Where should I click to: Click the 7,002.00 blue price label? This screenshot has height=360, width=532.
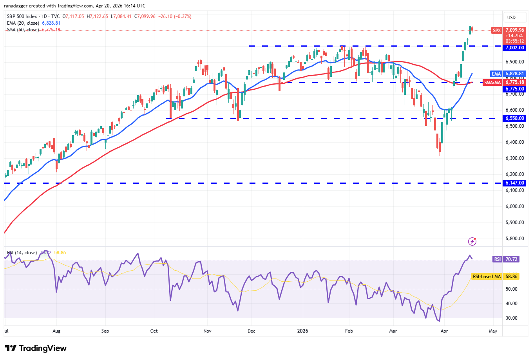click(514, 48)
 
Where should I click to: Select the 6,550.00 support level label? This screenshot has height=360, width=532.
click(514, 118)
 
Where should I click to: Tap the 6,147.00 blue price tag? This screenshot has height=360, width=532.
click(514, 183)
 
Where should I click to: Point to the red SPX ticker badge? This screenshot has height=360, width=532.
click(497, 30)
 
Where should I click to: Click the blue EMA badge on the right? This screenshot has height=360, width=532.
click(496, 74)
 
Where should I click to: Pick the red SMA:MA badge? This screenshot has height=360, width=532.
click(492, 82)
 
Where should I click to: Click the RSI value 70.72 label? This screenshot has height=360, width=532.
click(512, 259)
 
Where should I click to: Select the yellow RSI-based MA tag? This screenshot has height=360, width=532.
click(487, 277)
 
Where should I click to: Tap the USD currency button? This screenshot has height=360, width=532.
click(511, 17)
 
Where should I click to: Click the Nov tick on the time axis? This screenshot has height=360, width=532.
click(207, 331)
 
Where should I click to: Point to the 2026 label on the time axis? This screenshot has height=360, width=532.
click(302, 331)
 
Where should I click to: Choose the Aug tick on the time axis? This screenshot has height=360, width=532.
click(56, 331)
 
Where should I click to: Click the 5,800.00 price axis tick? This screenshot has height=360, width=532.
click(514, 239)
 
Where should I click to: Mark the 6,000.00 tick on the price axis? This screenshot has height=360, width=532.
click(514, 206)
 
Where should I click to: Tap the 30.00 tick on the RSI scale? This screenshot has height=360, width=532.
click(512, 318)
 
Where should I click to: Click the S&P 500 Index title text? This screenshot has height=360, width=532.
click(22, 16)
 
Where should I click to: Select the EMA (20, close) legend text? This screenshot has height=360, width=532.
click(23, 23)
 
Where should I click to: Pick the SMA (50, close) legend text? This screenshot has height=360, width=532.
click(23, 30)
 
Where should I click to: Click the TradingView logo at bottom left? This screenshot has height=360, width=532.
click(36, 348)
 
